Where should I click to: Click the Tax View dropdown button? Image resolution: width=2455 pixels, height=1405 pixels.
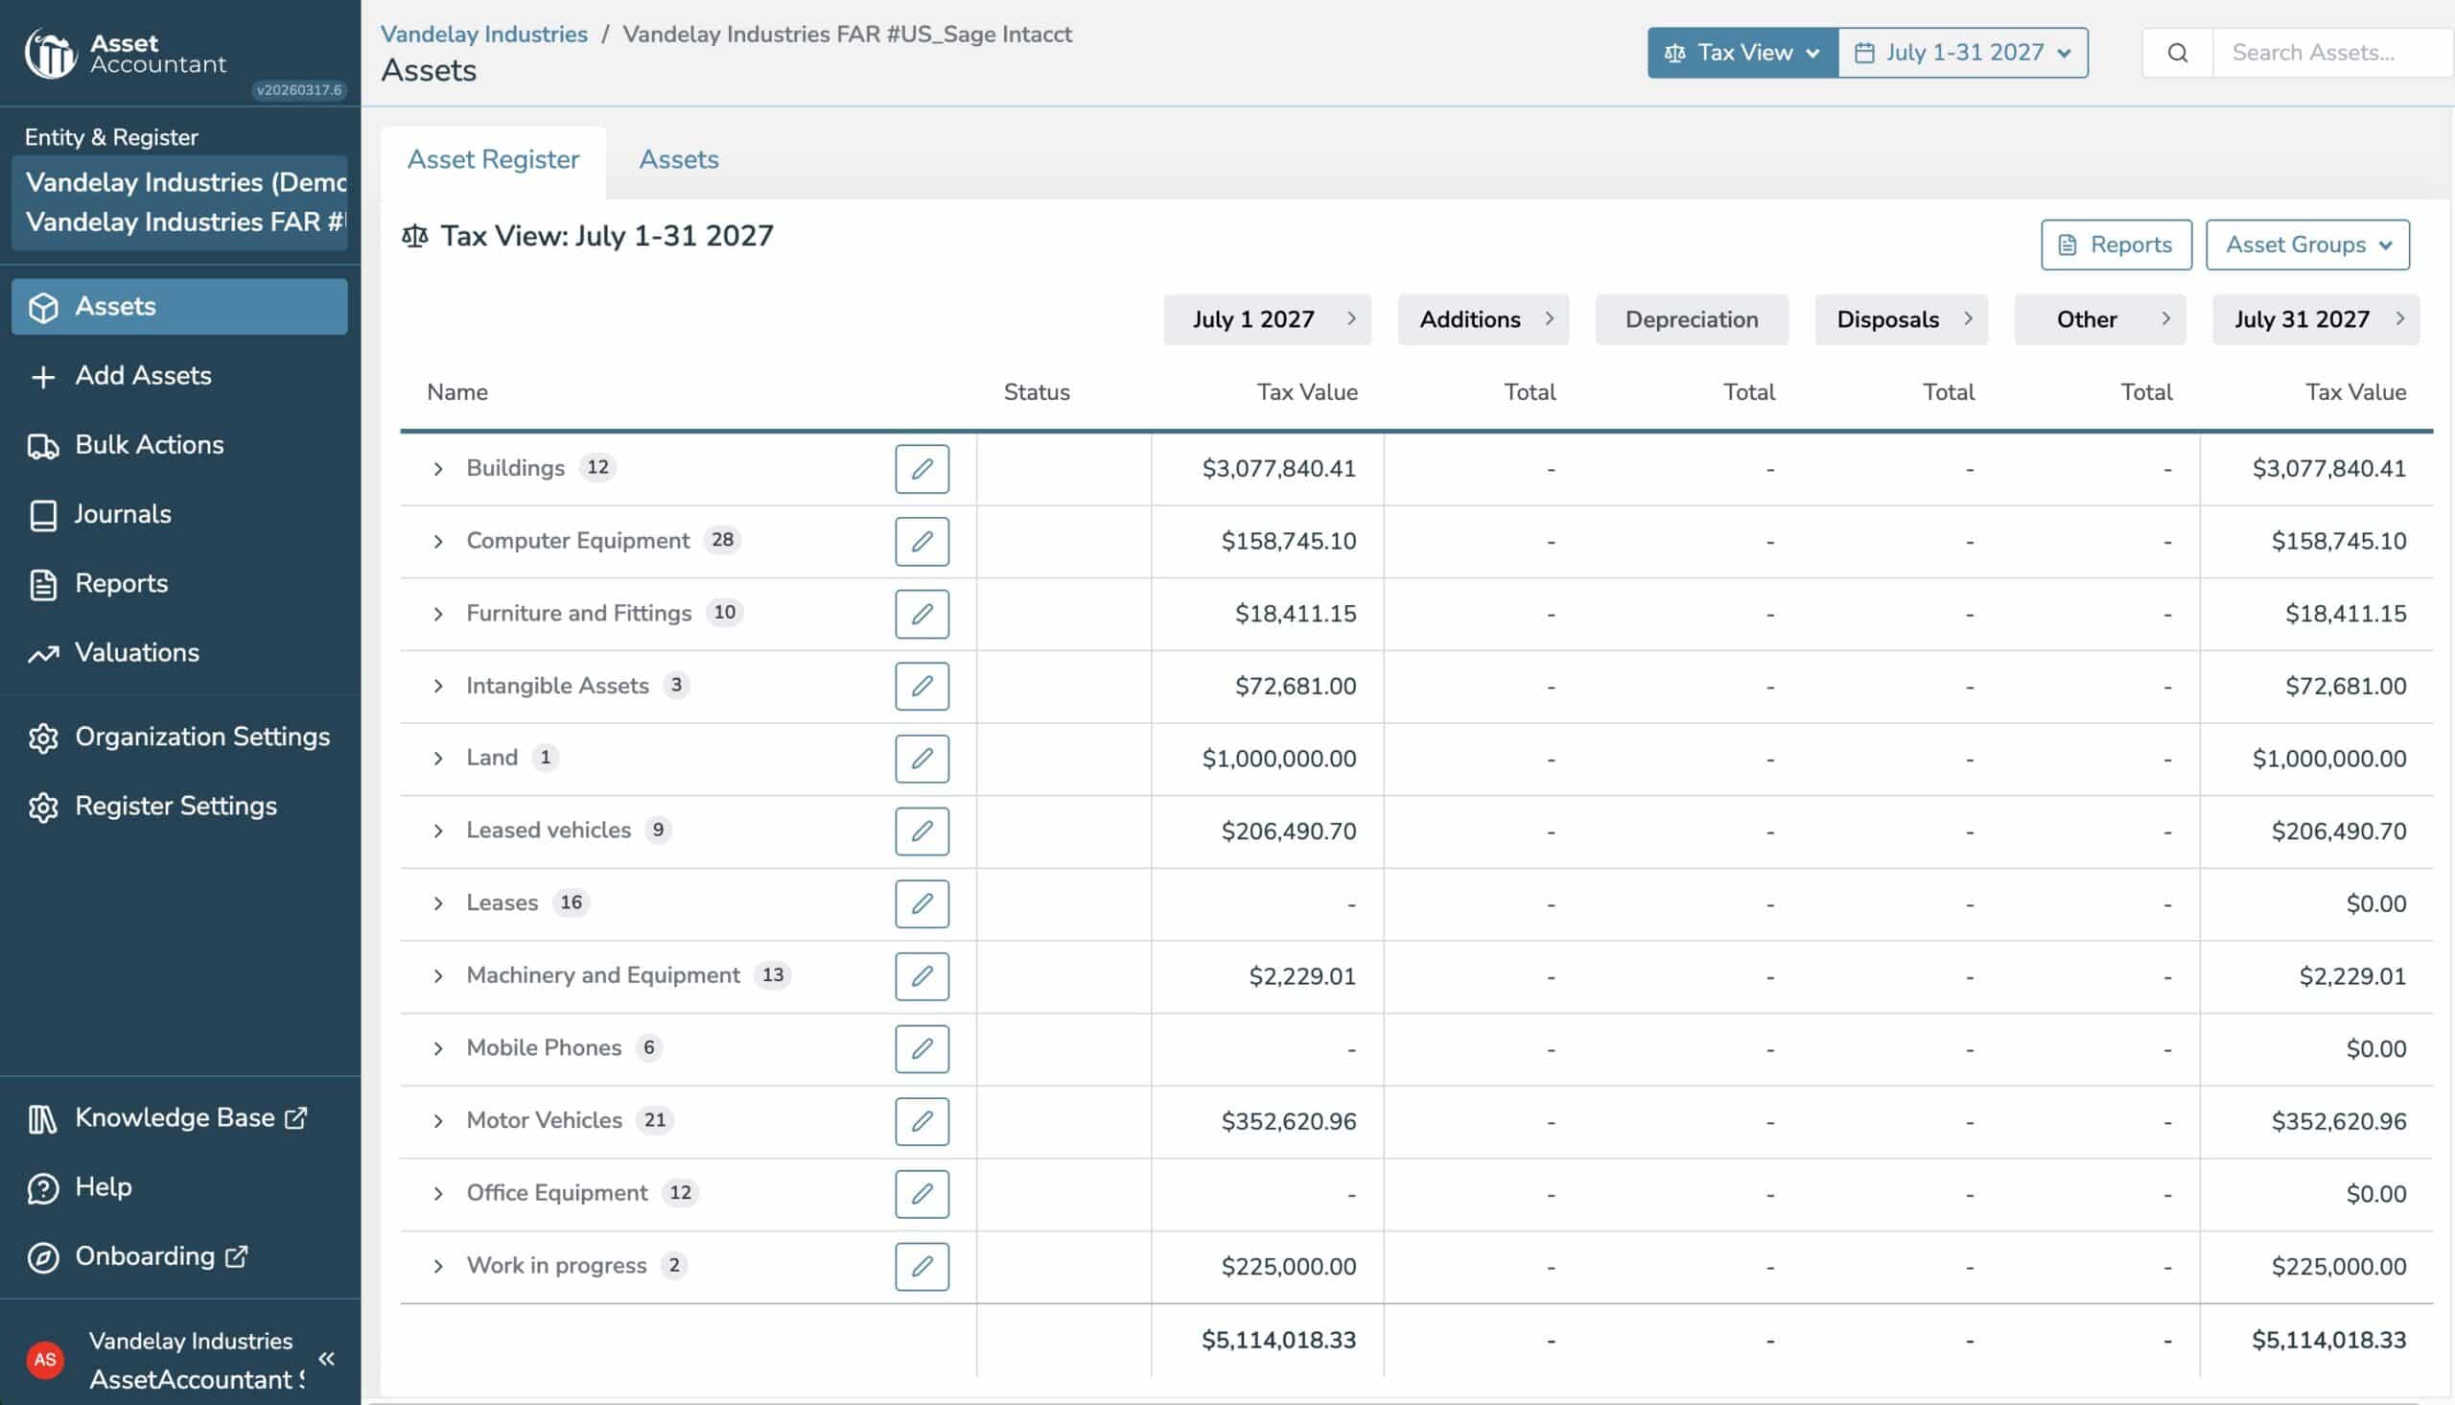[1742, 52]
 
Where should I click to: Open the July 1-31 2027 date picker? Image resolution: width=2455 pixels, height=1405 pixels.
[1963, 52]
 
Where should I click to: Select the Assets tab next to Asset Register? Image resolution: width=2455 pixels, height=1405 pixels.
[679, 159]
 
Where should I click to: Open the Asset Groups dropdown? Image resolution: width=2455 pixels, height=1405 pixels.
[2307, 246]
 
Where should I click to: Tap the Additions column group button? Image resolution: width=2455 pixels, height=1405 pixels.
[1484, 319]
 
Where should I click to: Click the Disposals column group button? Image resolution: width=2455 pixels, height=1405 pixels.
[1902, 319]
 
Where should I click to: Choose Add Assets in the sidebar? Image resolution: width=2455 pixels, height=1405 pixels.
[143, 375]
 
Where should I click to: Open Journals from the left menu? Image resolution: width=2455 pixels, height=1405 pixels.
[123, 514]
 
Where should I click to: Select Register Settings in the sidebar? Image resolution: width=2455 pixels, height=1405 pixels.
[175, 806]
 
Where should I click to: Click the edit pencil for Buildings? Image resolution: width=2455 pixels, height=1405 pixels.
[923, 469]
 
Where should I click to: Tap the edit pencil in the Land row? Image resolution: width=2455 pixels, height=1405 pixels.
[923, 759]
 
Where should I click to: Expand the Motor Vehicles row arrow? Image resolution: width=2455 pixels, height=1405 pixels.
[438, 1121]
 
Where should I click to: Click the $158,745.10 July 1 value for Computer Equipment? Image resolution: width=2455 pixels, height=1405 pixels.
[1289, 541]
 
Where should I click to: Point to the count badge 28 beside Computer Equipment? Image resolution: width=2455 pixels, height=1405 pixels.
[722, 540]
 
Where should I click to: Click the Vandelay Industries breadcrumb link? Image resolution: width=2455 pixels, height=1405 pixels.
[484, 34]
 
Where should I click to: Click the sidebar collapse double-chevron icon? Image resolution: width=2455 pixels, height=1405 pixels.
[327, 1360]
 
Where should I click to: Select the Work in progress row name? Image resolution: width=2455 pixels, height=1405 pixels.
[556, 1266]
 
